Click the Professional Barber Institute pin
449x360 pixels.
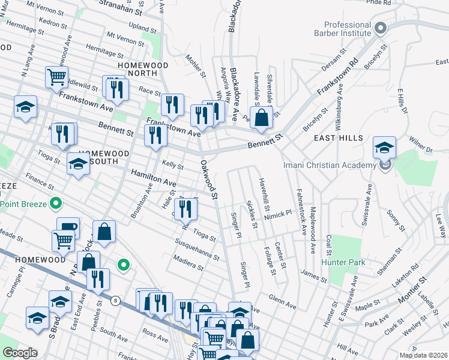pyautogui.click(x=379, y=28)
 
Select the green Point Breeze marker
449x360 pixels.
pyautogui.click(x=56, y=204)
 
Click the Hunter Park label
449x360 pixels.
pyautogui.click(x=343, y=262)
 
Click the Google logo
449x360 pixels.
pyautogui.click(x=20, y=353)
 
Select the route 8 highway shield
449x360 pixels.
pyautogui.click(x=115, y=300)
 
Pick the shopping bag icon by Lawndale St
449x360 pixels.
pyautogui.click(x=262, y=118)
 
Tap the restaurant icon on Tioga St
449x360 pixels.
pyautogui.click(x=188, y=208)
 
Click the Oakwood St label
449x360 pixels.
pyautogui.click(x=208, y=178)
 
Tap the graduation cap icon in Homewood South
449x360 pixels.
pyautogui.click(x=78, y=164)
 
